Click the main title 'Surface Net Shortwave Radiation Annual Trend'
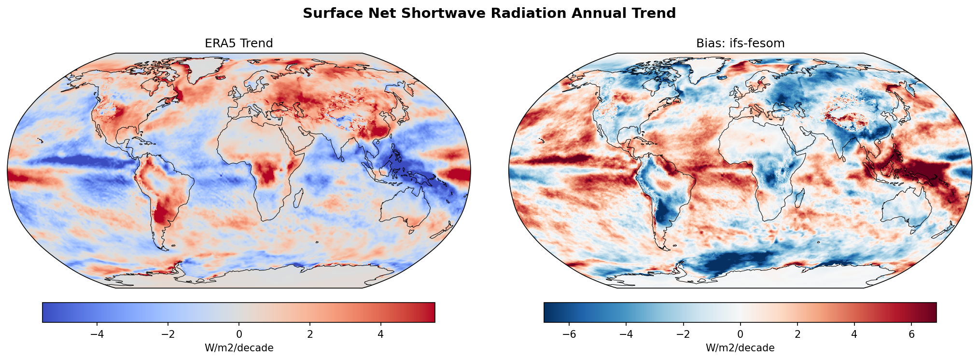489,14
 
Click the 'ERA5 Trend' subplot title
238,43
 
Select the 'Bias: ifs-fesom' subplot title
740,43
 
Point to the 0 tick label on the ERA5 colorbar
238,334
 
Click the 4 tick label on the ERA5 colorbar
380,334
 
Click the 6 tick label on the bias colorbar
911,334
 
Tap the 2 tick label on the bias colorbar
797,334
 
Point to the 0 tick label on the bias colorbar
740,334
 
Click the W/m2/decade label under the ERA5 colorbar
238,348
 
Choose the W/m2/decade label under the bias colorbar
740,348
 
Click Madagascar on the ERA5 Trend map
298,198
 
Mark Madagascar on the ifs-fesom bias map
800,198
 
